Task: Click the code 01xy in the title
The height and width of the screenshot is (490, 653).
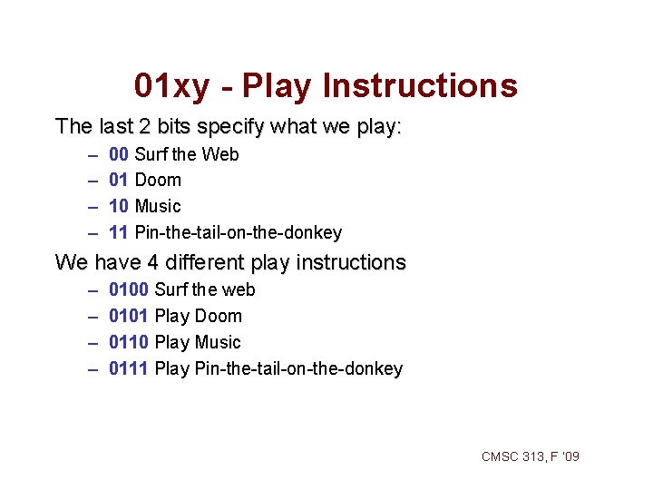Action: (x=171, y=86)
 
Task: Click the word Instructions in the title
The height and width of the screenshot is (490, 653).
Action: (x=420, y=86)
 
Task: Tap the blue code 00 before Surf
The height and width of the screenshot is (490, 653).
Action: (x=118, y=154)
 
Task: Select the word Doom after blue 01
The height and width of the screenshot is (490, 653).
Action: (x=158, y=181)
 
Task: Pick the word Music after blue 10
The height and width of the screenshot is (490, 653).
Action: (x=158, y=207)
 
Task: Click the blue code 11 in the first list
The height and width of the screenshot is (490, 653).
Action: (x=118, y=233)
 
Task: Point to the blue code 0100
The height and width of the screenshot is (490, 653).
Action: (x=129, y=290)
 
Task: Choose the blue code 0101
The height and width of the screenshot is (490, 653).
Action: (x=129, y=317)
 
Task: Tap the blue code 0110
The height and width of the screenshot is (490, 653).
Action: (x=129, y=343)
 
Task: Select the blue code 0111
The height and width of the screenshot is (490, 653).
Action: (x=129, y=369)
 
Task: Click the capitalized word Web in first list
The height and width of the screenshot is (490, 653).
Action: (x=220, y=154)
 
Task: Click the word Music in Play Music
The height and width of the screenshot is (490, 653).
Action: (x=218, y=343)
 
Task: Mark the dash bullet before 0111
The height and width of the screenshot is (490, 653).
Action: (x=93, y=369)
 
